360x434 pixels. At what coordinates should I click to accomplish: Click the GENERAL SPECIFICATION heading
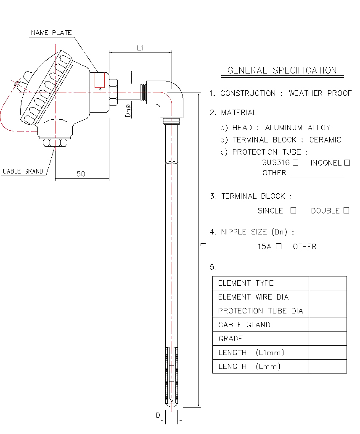pyautogui.click(x=282, y=71)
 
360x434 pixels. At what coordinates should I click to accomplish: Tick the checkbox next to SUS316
pyautogui.click(x=296, y=163)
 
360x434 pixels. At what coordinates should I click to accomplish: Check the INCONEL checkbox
pyautogui.click(x=347, y=163)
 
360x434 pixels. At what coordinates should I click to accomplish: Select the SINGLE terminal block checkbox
pyautogui.click(x=293, y=210)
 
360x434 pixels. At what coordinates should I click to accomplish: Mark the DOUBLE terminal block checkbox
pyautogui.click(x=346, y=210)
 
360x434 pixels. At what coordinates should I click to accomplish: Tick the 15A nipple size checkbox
pyautogui.click(x=278, y=247)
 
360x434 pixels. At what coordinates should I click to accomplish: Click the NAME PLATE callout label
pyautogui.click(x=51, y=33)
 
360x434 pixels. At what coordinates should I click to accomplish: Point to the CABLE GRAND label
pyautogui.click(x=23, y=171)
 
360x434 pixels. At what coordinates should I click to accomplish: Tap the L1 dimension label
pyautogui.click(x=140, y=48)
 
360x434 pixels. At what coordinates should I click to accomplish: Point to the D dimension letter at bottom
pyautogui.click(x=158, y=416)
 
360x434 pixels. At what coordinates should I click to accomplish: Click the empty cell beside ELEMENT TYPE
pyautogui.click(x=328, y=283)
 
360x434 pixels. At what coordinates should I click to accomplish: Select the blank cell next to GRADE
pyautogui.click(x=328, y=339)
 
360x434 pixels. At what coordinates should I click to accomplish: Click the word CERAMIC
pyautogui.click(x=326, y=140)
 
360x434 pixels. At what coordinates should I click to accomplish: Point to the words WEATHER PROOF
pyautogui.click(x=320, y=93)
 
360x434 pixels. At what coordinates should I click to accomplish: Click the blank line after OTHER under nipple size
pyautogui.click(x=334, y=248)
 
